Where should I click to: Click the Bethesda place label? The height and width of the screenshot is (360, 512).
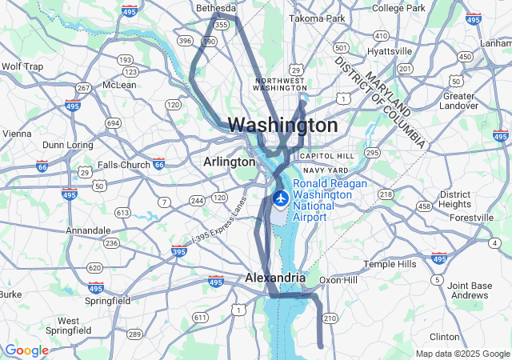point(217,8)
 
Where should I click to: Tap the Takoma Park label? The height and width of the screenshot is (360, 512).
point(317,18)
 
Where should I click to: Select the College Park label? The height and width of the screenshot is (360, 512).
point(398,8)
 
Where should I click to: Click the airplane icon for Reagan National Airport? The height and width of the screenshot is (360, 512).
point(280,198)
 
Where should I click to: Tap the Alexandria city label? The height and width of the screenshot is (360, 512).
point(274,278)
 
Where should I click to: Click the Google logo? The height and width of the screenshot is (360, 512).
point(26,350)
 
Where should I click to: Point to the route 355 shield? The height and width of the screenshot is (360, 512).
point(222,26)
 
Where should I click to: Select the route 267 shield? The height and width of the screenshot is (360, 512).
point(83,88)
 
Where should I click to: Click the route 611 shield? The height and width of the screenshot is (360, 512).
point(198,318)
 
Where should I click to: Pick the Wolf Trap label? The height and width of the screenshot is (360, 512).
point(22,66)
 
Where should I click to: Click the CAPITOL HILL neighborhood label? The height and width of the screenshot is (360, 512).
point(326,156)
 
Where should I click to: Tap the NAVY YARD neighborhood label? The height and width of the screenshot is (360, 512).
point(326,170)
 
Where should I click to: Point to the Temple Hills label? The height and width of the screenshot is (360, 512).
point(390,264)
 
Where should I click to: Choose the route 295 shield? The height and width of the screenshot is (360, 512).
point(372,152)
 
